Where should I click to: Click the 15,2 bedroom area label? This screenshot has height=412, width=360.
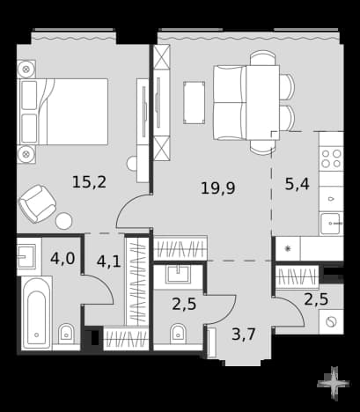point(89,182)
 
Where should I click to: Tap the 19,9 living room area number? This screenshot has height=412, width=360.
point(218,188)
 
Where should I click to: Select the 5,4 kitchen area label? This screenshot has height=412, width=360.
point(298,184)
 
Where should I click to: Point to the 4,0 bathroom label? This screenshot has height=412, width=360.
point(62,259)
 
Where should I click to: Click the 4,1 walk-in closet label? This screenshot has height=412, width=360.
point(108,261)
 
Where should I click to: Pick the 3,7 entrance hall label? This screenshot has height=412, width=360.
point(244,335)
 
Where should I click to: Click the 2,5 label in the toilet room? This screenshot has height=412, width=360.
point(184,304)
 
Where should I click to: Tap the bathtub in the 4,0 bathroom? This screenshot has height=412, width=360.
point(36,313)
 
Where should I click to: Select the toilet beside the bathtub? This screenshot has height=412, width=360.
point(67,334)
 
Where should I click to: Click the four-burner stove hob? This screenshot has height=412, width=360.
point(332,158)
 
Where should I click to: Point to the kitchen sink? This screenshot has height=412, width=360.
point(332,224)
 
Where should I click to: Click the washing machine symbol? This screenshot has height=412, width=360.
point(331,321)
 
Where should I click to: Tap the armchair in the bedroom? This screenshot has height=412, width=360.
point(37,203)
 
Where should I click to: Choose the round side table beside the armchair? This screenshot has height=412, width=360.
point(64,221)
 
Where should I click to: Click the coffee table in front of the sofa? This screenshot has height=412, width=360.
point(194,103)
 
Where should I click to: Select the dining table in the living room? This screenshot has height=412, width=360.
point(262,103)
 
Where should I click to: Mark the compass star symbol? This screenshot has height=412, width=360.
point(334,384)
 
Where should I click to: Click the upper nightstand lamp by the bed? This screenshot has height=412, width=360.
point(26,70)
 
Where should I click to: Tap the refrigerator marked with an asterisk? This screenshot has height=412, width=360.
point(288,249)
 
